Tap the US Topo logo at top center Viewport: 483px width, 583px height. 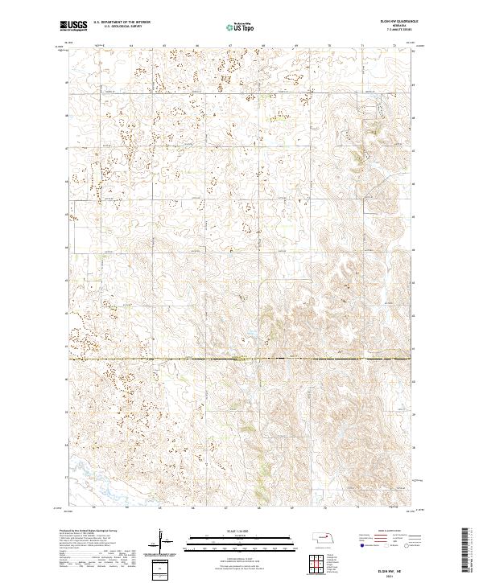[241, 27]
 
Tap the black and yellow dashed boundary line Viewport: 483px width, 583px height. [242, 359]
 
